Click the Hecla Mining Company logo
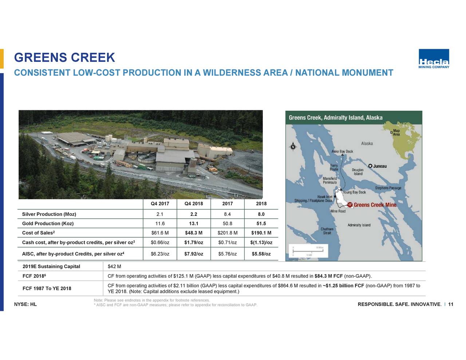click(434, 59)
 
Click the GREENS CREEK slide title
click(64, 58)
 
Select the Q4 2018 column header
click(194, 203)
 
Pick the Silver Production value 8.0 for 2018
click(261, 214)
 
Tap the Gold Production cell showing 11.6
click(160, 223)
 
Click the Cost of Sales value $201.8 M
click(228, 233)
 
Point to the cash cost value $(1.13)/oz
click(261, 243)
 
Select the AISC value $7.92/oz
click(194, 254)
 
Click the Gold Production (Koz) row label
click(48, 223)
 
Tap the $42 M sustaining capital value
click(114, 266)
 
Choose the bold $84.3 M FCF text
click(328, 276)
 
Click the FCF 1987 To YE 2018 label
click(47, 289)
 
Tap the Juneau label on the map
click(380, 166)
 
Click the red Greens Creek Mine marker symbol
click(350, 205)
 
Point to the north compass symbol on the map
click(293, 147)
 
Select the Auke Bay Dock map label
click(342, 151)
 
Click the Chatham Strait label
click(327, 231)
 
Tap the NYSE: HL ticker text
click(25, 304)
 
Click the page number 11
click(451, 304)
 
